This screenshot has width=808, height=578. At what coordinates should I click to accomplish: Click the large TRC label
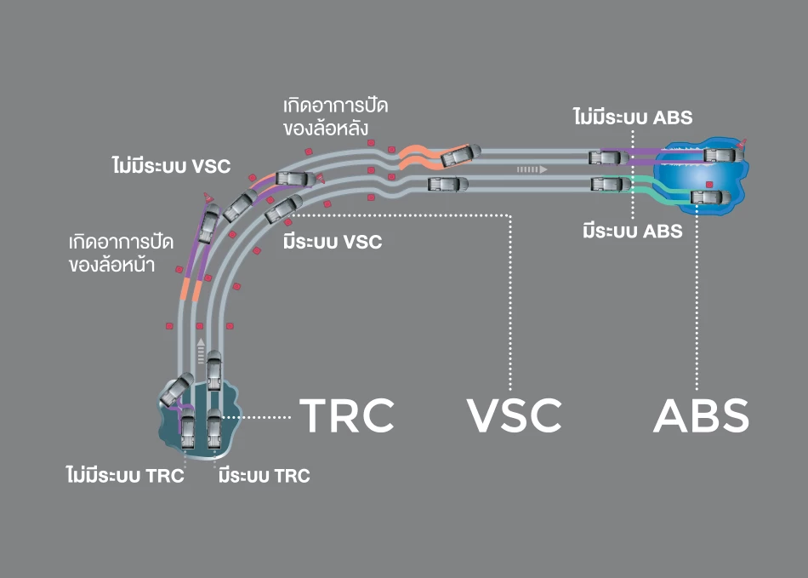click(348, 415)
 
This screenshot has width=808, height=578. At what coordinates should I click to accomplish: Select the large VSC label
click(515, 415)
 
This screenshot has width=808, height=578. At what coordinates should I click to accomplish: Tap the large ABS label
click(701, 415)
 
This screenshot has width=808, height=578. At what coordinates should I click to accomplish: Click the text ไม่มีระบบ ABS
click(633, 117)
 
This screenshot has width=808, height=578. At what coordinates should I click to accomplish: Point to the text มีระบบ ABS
click(633, 231)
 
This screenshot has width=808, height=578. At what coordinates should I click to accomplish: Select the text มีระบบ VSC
click(333, 243)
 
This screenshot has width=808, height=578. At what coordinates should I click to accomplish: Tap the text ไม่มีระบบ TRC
click(125, 476)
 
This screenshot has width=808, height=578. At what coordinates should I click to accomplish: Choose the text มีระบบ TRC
click(264, 476)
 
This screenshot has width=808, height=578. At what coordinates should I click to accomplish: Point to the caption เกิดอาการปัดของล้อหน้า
click(122, 253)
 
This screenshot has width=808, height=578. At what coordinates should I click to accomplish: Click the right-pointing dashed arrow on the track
click(532, 169)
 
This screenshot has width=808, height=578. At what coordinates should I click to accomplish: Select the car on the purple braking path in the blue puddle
click(720, 155)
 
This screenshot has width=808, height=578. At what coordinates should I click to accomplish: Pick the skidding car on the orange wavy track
click(459, 156)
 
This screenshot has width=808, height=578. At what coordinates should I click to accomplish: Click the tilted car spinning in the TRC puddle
click(177, 389)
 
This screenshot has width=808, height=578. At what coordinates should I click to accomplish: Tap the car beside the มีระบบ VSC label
click(284, 209)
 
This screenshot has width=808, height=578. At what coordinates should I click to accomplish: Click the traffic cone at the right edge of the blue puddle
click(744, 144)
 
